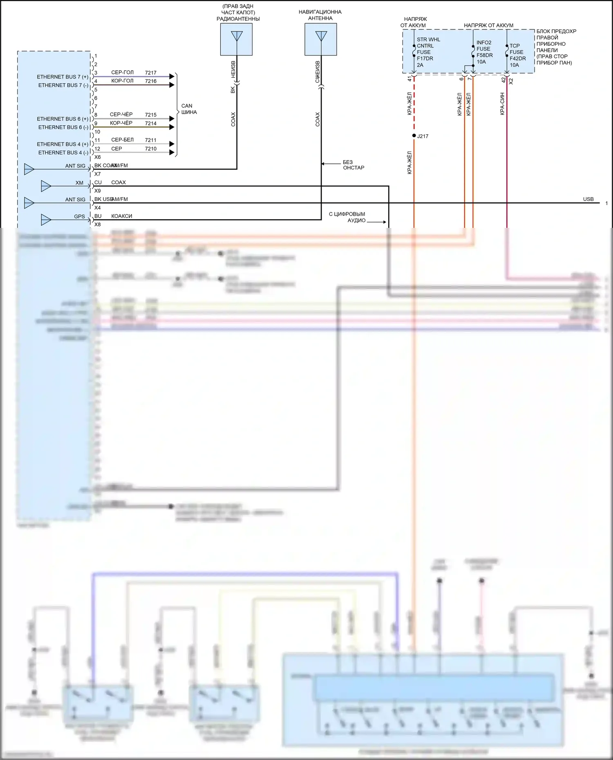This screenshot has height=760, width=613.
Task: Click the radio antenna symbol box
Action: [x=236, y=39]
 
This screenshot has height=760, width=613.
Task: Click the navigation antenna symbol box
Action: [x=321, y=39]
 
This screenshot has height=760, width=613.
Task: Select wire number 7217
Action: [x=150, y=73]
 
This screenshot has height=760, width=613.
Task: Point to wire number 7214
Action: [x=150, y=123]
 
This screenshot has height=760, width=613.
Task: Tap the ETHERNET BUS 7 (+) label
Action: [x=63, y=77]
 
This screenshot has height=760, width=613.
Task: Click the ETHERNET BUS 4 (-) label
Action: [x=63, y=153]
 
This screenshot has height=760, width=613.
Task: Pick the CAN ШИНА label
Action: [x=189, y=109]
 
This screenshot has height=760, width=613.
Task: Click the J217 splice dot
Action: [x=414, y=136]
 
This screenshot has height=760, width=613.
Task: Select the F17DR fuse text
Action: [x=425, y=58]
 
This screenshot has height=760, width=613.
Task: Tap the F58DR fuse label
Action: [x=485, y=55]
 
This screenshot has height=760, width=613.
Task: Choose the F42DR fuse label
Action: [x=518, y=58]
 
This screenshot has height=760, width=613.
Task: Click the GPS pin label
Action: [x=80, y=217]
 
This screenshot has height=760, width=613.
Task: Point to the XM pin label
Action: [x=79, y=183]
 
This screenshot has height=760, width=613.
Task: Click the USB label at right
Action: [x=588, y=199]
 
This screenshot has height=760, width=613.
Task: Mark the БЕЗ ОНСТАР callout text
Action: [x=353, y=165]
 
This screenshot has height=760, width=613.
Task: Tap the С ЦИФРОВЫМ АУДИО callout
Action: [x=347, y=217]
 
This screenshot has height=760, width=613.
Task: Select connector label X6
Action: [x=97, y=157]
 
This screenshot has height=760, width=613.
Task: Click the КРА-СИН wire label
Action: [x=502, y=104]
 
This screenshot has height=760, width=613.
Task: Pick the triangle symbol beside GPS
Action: [x=46, y=220]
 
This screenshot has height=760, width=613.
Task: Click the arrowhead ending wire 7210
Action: [x=172, y=153]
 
